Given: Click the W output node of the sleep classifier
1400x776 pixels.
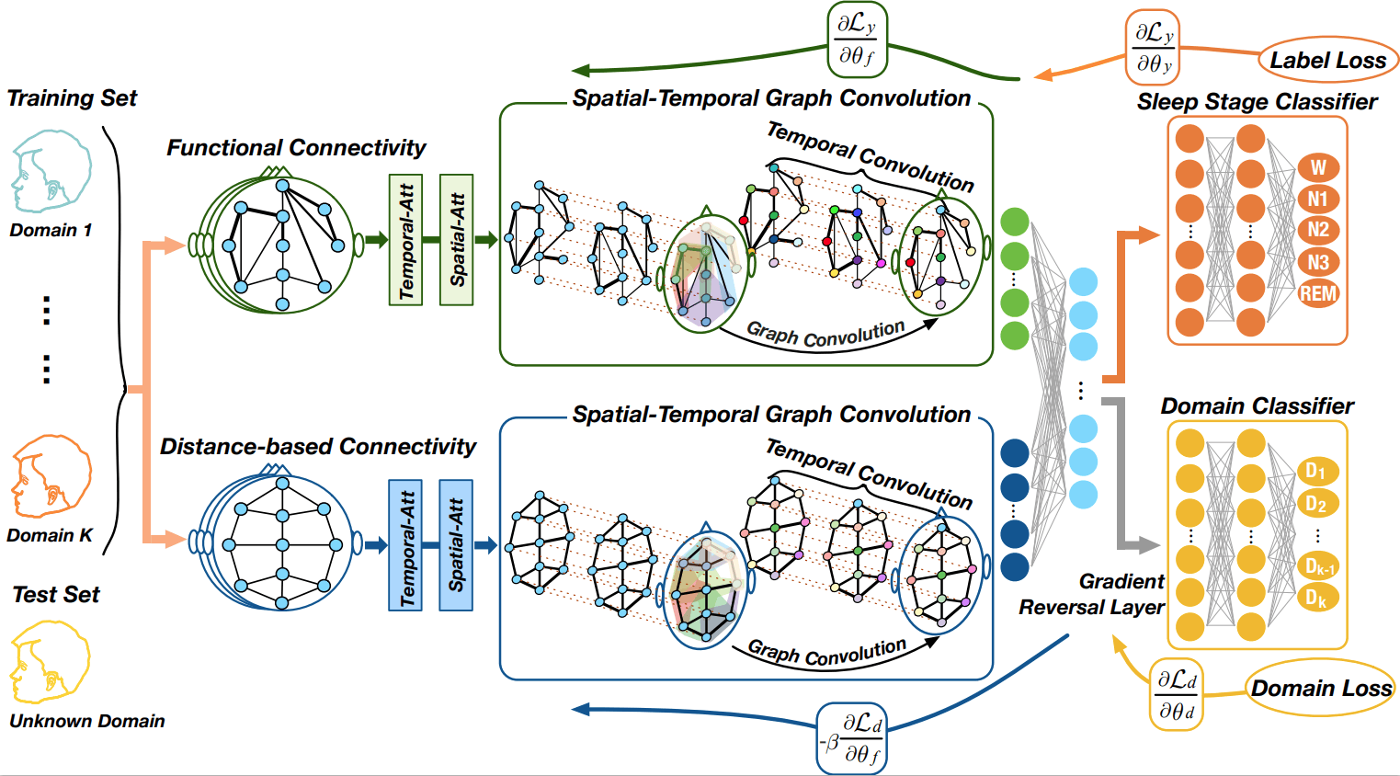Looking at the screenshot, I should point(1317,167).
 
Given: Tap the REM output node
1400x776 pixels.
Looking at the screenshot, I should point(1317,293).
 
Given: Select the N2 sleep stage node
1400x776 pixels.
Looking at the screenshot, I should point(1317,230).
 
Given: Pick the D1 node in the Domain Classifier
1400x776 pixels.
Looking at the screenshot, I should point(1316,472).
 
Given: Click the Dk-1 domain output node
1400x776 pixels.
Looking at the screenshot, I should point(1318,566).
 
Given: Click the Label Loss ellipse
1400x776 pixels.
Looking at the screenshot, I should point(1327,61).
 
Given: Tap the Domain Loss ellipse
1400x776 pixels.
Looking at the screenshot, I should point(1321,689).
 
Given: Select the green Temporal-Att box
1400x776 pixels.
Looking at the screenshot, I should point(405,240).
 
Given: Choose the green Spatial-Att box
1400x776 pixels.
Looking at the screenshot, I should point(456,240).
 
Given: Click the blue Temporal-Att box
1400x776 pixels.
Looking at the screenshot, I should point(405,545).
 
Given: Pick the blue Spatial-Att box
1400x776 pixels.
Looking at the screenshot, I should point(456,545).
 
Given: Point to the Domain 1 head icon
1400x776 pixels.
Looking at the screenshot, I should point(51,172).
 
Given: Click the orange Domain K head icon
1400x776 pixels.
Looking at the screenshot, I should point(51,477).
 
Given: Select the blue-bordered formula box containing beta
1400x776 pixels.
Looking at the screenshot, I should point(852,738).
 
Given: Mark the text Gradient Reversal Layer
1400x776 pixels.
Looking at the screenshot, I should point(1092,594).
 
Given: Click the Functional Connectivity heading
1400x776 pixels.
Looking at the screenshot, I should point(296,148).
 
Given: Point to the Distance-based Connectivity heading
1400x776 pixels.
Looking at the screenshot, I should point(317,447).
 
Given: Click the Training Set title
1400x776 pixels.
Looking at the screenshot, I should point(72,98).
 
